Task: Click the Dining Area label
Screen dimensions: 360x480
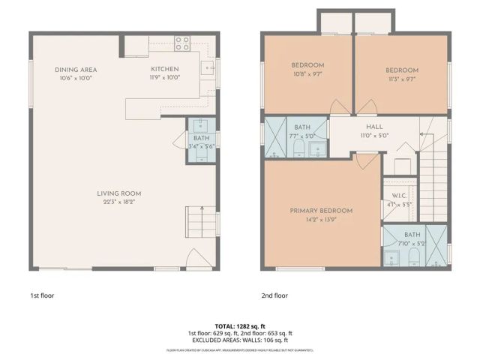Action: coord(75,70)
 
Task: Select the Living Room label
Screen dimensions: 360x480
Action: coord(118,193)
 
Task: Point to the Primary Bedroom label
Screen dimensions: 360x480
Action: coord(321,211)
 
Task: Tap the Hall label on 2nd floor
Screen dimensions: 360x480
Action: coord(374,127)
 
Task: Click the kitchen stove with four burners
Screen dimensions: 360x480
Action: coord(182,43)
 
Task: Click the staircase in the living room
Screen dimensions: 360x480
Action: coord(196,222)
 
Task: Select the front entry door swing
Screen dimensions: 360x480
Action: coord(195,259)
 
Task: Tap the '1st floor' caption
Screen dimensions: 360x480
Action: coord(41,295)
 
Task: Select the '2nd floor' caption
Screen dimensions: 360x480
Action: coord(275,295)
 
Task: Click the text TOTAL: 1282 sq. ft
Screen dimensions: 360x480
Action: coord(239,327)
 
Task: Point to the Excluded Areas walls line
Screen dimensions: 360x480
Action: coord(239,340)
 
